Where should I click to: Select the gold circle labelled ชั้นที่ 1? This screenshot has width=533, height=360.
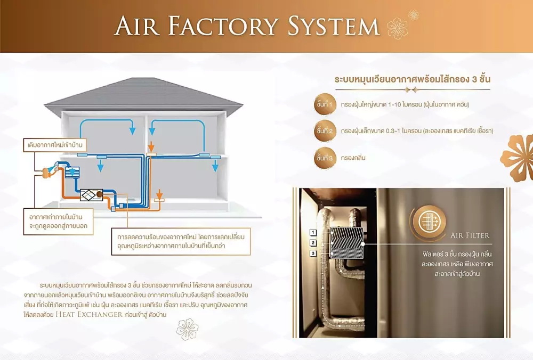[x=324, y=104]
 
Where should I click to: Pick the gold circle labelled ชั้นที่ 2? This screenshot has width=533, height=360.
[x=324, y=130]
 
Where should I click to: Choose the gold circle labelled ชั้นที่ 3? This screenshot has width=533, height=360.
[x=324, y=158]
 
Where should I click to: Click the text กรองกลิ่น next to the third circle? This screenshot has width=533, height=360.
[x=354, y=158]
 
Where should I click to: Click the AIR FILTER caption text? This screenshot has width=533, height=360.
[x=469, y=235]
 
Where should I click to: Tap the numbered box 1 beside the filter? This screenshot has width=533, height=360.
[x=313, y=232]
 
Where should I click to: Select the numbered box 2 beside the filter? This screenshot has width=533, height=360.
[x=313, y=243]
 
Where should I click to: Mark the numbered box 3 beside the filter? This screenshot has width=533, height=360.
[x=313, y=253]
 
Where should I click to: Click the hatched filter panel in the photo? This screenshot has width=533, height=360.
[x=346, y=243]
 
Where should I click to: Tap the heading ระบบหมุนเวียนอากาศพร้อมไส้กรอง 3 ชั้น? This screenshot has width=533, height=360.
[x=412, y=79]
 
